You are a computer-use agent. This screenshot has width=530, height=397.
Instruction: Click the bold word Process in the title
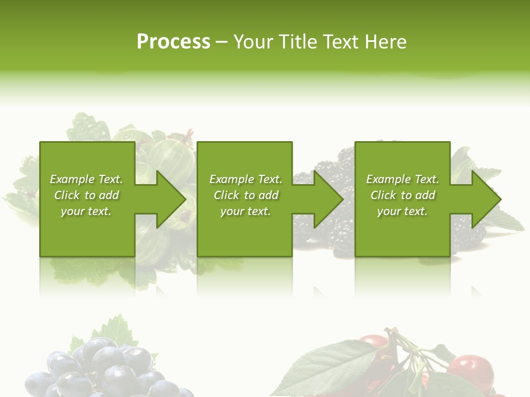click(173, 42)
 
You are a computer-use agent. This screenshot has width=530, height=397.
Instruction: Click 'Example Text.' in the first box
click(86, 179)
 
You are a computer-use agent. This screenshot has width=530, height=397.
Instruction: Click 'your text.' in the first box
click(86, 211)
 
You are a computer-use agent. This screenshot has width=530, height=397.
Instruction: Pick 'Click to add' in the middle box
click(246, 195)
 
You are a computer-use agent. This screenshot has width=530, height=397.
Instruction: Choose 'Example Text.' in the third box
click(402, 179)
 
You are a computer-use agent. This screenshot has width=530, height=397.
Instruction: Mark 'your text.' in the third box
click(402, 211)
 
